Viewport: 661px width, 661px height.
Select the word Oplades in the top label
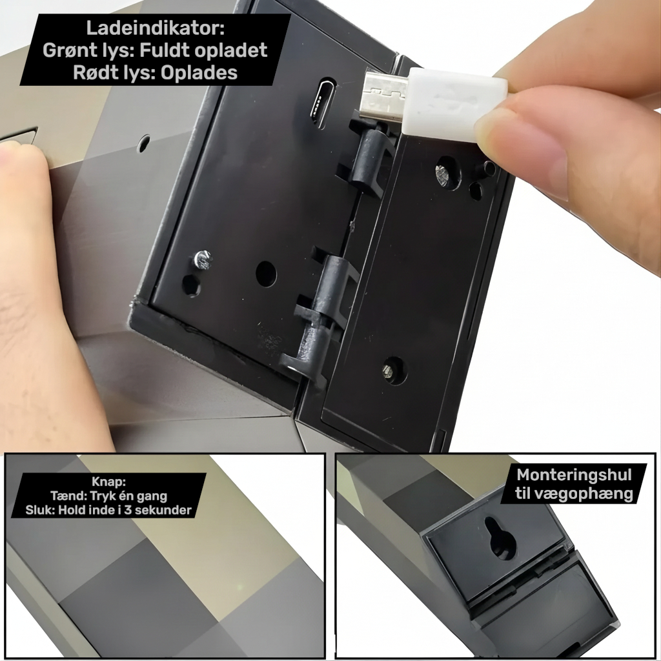[x=199, y=72]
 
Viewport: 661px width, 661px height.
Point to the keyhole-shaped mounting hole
[x=501, y=538]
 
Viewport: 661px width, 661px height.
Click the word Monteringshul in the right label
[x=574, y=475]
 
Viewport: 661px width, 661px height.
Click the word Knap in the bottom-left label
[x=107, y=482]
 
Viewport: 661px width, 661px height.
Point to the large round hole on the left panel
[x=266, y=274]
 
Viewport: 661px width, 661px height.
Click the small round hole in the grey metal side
[x=143, y=144]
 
